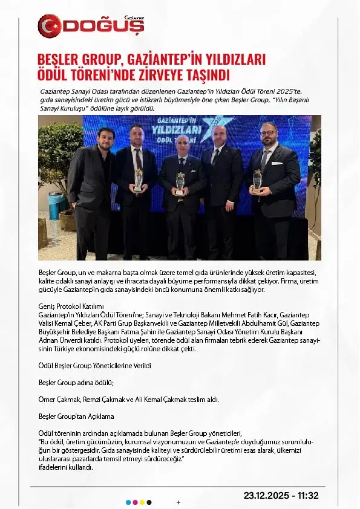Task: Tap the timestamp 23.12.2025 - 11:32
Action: (x=281, y=495)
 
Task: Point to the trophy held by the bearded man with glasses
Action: (x=257, y=182)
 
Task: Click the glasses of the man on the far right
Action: (x=268, y=132)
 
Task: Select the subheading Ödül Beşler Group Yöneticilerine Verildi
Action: (x=95, y=365)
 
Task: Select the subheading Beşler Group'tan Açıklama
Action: (x=76, y=417)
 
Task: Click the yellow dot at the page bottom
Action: (x=142, y=503)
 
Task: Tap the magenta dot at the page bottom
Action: (x=135, y=503)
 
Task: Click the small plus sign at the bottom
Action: (x=178, y=503)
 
